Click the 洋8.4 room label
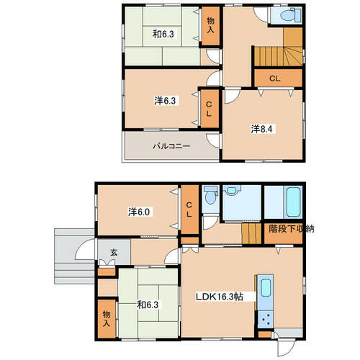pos(261,129)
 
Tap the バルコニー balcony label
pos(171,146)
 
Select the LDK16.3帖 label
pos(220,297)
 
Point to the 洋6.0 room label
pos(139,212)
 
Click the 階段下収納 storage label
pos(291,228)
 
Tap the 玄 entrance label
pos(114,253)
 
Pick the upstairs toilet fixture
pos(290,15)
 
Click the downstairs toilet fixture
pos(210,195)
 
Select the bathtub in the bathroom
pos(293,202)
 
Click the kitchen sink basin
pos(266,287)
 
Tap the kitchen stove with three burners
pos(266,319)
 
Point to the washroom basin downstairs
pos(231,191)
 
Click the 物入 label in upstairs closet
pos(210,25)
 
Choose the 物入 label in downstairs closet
pos(107,318)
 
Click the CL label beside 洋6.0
pos(189,210)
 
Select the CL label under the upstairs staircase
pos(275,78)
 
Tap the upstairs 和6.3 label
pos(163,34)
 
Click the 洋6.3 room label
pos(165,101)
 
